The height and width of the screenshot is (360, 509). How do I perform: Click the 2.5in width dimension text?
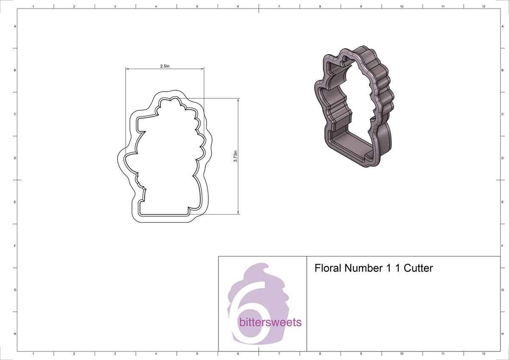165,66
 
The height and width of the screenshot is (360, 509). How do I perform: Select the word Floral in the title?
328,268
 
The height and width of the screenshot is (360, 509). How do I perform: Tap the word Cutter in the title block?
418,268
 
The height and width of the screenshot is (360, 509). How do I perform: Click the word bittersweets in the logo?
270,322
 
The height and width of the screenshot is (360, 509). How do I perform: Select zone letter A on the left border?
15,26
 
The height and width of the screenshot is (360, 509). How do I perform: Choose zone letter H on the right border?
502,334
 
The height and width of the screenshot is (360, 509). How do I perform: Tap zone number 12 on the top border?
484,7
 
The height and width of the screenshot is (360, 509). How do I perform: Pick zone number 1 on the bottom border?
33,353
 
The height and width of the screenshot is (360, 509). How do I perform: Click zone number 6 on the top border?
238,7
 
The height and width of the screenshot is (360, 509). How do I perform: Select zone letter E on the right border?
502,202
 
